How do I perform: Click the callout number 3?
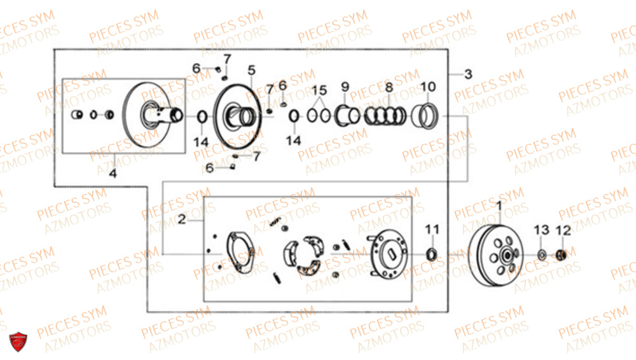pyautogui.click(x=468, y=74)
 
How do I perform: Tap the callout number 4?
pyautogui.click(x=113, y=173)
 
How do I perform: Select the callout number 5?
pyautogui.click(x=251, y=70)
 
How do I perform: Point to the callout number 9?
pyautogui.click(x=345, y=87)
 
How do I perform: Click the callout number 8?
pyautogui.click(x=389, y=87)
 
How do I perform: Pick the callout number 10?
pyautogui.click(x=428, y=87)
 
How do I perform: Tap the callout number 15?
pyautogui.click(x=319, y=90)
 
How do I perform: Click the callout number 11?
pyautogui.click(x=432, y=230)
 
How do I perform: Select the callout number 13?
pyautogui.click(x=541, y=230)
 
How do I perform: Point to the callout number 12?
pyautogui.click(x=563, y=230)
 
